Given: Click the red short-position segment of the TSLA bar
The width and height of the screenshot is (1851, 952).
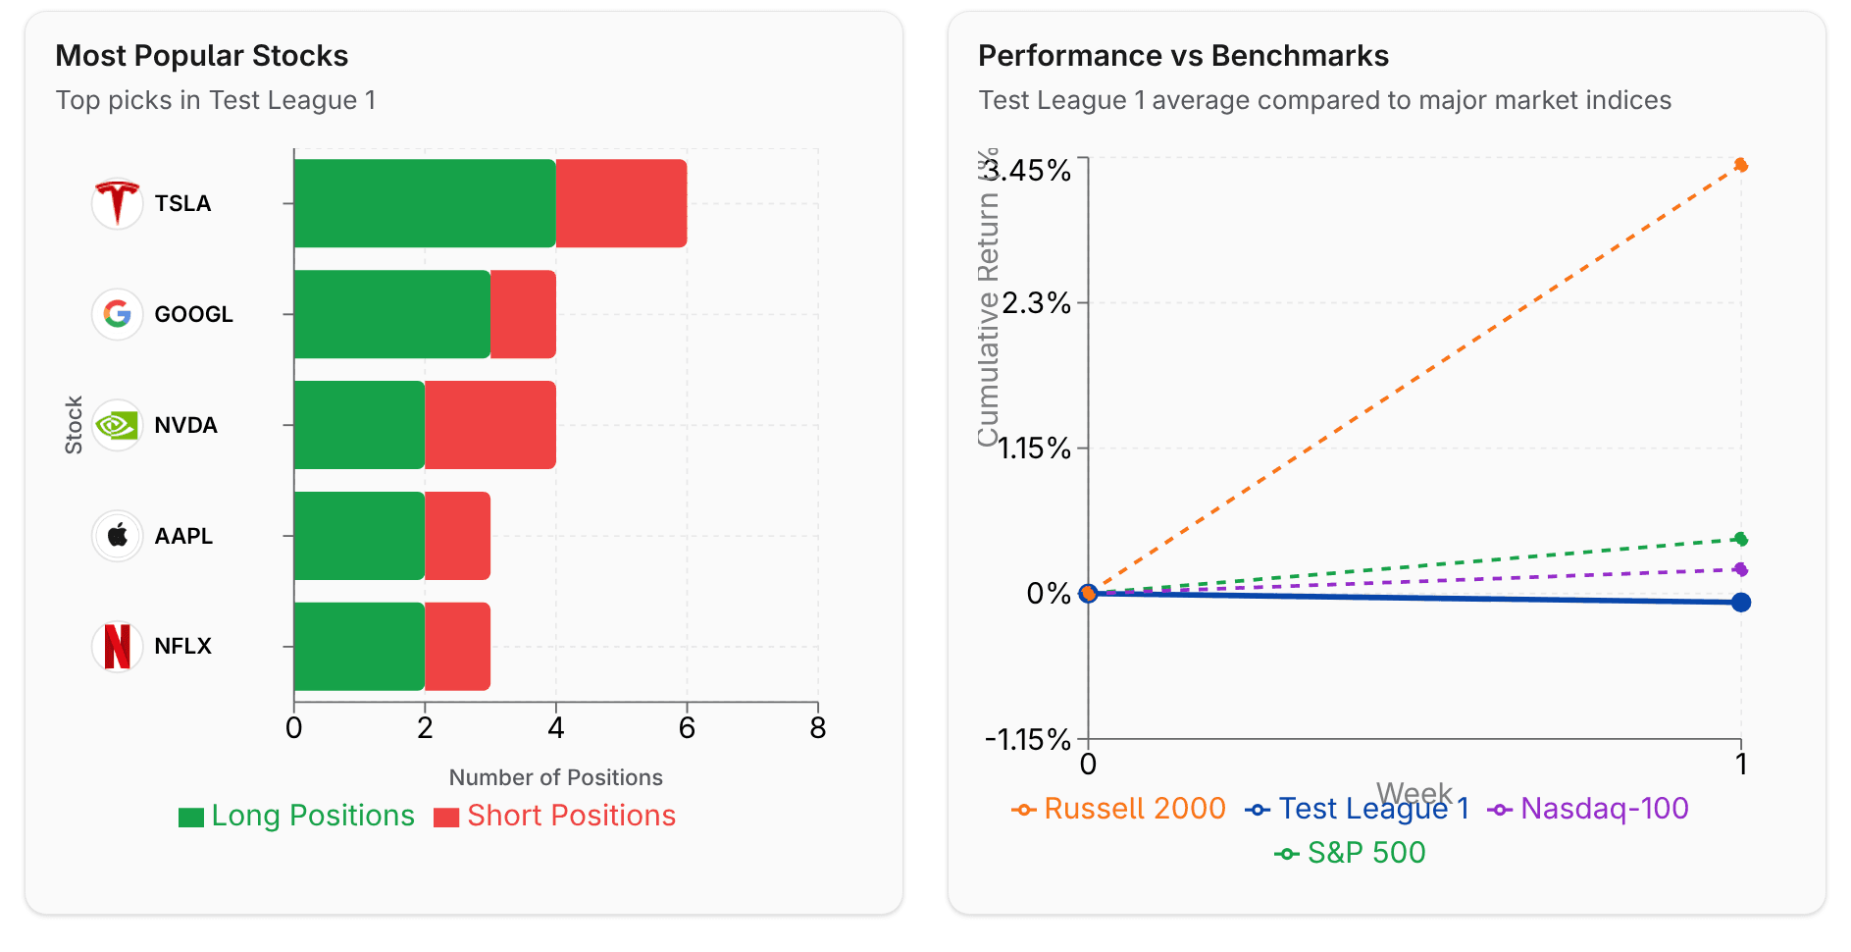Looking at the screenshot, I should point(621,203).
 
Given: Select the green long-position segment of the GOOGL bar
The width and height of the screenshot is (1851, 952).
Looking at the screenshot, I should point(391,314).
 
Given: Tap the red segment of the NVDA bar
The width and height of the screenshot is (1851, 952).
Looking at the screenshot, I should point(490,425).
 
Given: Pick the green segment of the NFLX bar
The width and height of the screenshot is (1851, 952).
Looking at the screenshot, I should point(359,646).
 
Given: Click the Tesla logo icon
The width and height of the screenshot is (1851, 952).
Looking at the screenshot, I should point(117,203).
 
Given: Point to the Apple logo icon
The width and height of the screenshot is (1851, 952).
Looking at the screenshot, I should point(117,536).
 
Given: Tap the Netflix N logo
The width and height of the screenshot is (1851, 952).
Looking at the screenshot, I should point(117,646).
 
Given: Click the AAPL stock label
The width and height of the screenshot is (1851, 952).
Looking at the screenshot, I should point(183,536).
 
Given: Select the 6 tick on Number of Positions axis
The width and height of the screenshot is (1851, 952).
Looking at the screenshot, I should point(687,728).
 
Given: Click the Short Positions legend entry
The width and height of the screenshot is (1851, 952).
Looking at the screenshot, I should point(555,816).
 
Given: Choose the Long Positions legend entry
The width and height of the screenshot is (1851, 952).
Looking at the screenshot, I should point(297,816).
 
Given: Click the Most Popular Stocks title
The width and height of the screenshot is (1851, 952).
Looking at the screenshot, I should point(202,56).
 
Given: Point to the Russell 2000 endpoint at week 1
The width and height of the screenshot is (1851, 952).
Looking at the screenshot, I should point(1740,165).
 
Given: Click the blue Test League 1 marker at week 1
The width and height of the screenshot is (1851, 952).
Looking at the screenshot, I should point(1740,602).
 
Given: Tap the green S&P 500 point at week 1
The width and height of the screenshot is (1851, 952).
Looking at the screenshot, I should point(1740,539).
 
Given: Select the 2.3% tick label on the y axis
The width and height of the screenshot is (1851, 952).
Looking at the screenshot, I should point(1036,303).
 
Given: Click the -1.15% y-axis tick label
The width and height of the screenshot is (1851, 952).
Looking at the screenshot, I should point(1028,739).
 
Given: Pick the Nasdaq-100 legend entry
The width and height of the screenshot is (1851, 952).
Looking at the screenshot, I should point(1589,809).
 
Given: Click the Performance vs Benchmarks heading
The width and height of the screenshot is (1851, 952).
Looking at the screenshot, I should point(1183,56).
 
